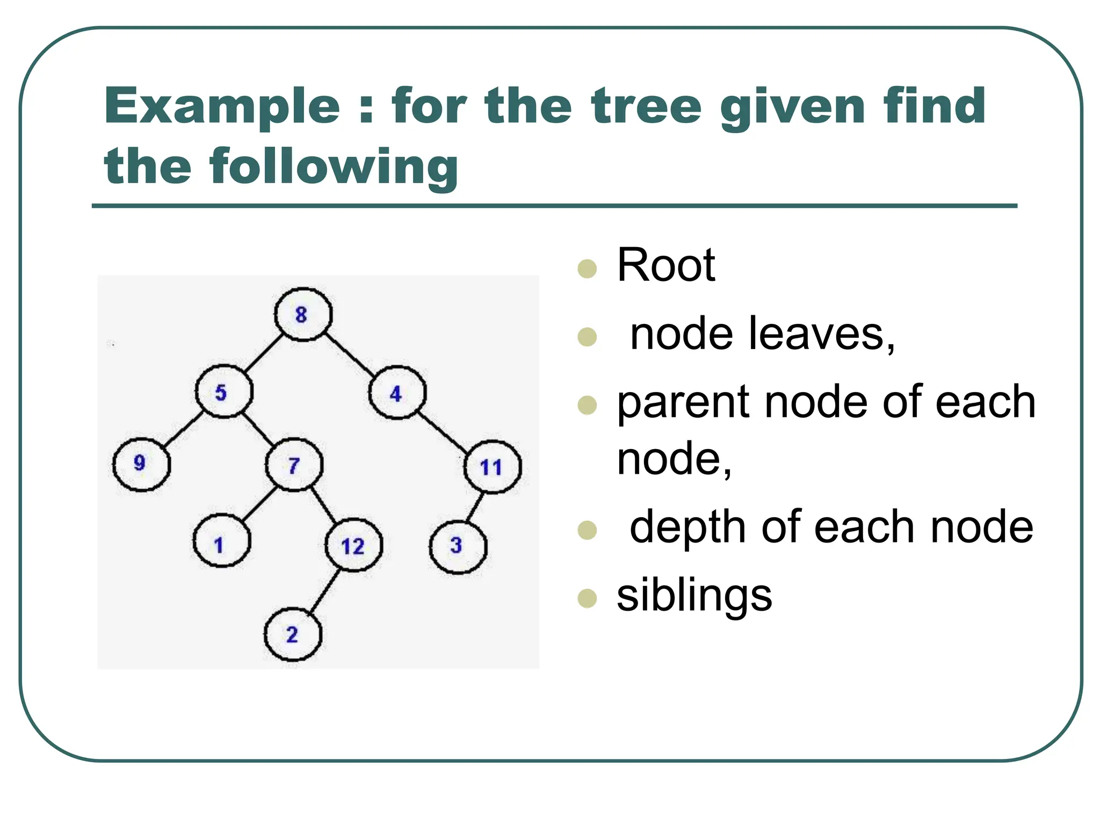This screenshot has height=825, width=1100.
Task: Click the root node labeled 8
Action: coord(303,315)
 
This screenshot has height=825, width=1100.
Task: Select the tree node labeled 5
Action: coord(223,392)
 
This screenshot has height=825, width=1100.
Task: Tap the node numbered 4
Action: coord(397,393)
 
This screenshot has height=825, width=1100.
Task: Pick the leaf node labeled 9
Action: coord(141,464)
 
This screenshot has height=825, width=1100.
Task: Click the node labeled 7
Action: coord(294,465)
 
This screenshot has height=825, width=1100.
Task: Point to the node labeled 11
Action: coord(492,467)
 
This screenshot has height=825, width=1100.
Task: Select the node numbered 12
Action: coord(353,545)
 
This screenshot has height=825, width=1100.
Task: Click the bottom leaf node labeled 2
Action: coord(293,634)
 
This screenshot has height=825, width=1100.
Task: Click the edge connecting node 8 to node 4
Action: coord(350,354)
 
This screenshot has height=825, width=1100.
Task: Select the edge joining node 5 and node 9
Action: coord(183,428)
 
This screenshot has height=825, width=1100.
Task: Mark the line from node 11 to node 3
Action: coord(475,506)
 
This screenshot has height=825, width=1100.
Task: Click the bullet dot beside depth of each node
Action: coord(587,530)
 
